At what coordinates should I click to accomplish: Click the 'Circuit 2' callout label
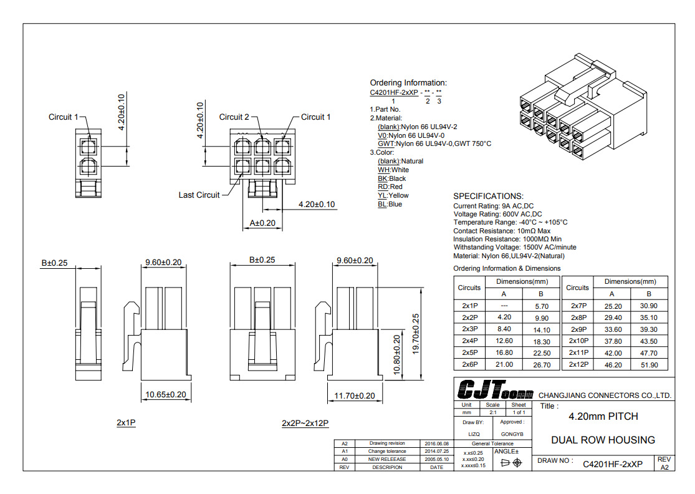(x=234, y=117)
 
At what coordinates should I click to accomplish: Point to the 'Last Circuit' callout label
(x=199, y=195)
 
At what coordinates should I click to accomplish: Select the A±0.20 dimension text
(x=262, y=223)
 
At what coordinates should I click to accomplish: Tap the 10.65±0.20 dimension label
(x=166, y=395)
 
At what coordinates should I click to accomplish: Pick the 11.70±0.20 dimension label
(x=354, y=395)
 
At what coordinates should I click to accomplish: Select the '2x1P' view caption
(x=126, y=423)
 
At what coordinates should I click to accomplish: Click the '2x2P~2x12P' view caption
(x=305, y=424)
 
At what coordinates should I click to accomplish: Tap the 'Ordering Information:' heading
(x=408, y=83)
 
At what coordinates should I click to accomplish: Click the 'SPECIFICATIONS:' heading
(x=488, y=196)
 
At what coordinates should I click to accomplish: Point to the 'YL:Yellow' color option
(x=393, y=195)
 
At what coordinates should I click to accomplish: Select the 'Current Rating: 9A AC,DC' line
(x=493, y=206)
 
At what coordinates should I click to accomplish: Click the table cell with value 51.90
(x=649, y=364)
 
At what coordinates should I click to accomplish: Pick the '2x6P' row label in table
(x=469, y=364)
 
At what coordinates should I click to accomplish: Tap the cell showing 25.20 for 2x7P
(x=613, y=306)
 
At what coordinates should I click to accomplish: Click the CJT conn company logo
(x=495, y=390)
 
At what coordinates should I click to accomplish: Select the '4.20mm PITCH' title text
(x=603, y=416)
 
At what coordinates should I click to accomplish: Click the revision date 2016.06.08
(x=437, y=443)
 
